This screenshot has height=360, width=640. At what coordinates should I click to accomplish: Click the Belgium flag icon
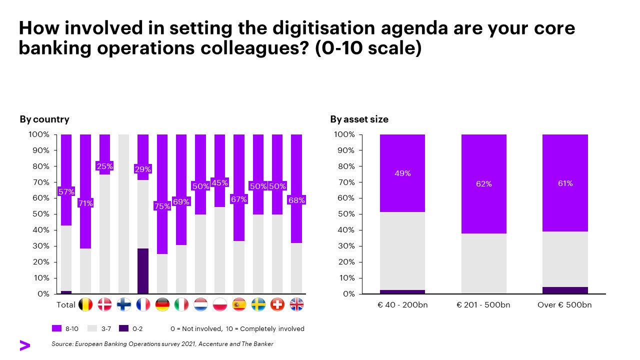(85, 304)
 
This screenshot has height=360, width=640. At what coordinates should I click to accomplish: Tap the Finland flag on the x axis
(124, 304)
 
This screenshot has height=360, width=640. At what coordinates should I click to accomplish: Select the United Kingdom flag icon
(296, 304)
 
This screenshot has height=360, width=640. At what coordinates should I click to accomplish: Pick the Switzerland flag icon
(277, 304)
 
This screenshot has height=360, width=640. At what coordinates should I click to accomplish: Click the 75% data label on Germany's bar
(162, 206)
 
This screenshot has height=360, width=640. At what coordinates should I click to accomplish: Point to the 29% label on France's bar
(143, 169)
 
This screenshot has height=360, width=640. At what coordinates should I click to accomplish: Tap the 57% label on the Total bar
(66, 191)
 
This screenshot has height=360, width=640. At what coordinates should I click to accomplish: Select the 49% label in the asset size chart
(402, 173)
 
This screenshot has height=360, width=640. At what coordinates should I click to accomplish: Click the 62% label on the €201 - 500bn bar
(484, 184)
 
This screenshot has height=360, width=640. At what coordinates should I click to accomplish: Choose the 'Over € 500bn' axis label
(564, 305)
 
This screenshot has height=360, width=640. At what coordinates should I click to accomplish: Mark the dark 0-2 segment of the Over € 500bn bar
(565, 290)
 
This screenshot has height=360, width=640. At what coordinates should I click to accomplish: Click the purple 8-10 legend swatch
(57, 329)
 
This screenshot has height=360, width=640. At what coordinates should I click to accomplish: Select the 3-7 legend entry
(99, 329)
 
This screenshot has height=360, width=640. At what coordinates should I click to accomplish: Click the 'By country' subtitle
(44, 119)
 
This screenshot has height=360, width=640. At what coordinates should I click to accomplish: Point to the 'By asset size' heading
(359, 119)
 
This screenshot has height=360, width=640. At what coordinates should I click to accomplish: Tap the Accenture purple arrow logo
(24, 345)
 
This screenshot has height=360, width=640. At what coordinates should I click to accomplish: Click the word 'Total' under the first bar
(66, 304)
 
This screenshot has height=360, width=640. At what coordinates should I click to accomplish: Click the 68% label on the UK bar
(296, 200)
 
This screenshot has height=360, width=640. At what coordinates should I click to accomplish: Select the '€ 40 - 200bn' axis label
(402, 305)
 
